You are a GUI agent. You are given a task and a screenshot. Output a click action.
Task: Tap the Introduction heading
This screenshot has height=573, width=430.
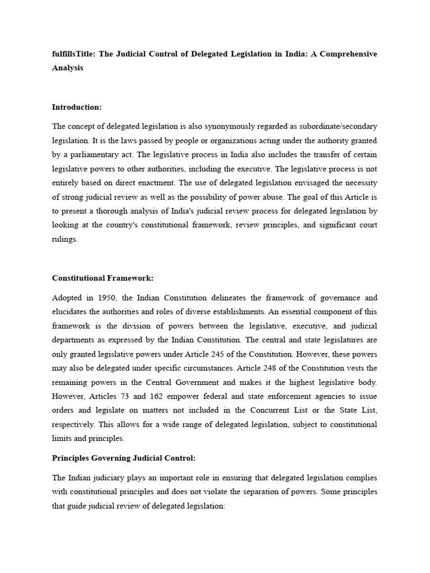(77, 107)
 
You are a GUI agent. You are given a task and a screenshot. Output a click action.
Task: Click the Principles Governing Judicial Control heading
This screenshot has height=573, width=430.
(124, 458)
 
